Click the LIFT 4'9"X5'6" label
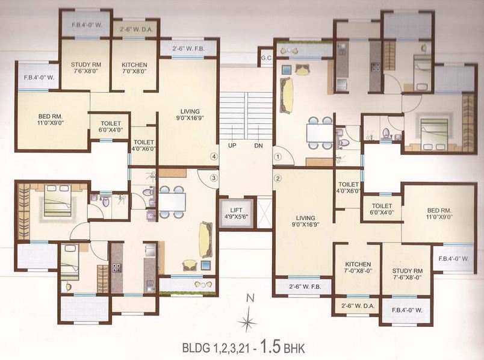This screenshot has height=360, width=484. (236, 213)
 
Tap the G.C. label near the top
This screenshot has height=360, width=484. (266, 58)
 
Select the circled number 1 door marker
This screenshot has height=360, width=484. (278, 157)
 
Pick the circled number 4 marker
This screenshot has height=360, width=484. (214, 157)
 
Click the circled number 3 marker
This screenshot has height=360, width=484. (214, 178)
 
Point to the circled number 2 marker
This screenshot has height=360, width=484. (278, 178)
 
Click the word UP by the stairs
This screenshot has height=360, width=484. (232, 145)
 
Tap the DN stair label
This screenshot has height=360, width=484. (259, 145)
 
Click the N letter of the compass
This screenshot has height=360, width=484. (250, 298)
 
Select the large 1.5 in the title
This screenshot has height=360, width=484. (271, 346)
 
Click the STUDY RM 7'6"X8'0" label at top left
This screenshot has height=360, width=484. (86, 67)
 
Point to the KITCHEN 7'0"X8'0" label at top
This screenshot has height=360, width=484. (134, 68)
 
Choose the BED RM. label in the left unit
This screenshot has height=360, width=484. (51, 119)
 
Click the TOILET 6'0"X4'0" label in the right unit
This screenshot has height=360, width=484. (382, 209)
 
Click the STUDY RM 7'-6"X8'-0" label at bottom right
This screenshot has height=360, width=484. (407, 274)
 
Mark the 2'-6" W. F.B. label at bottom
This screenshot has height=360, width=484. (305, 287)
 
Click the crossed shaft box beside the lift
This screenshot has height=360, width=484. (264, 214)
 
